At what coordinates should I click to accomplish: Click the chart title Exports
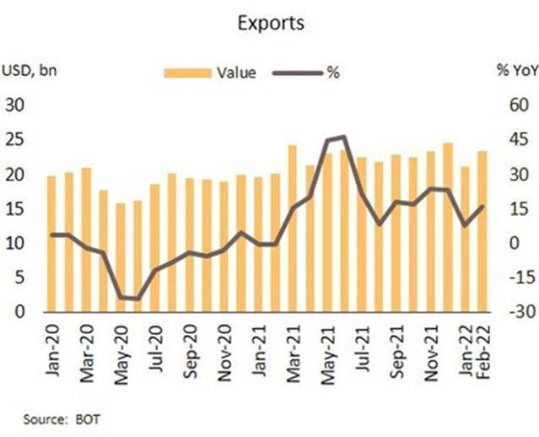pyautogui.click(x=271, y=23)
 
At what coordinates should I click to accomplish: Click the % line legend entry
pyautogui.click(x=332, y=73)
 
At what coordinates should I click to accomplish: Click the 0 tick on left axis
pyautogui.click(x=19, y=312)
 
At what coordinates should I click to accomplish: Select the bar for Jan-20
pyautogui.click(x=51, y=244)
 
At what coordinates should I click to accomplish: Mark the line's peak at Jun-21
pyautogui.click(x=342, y=137)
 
